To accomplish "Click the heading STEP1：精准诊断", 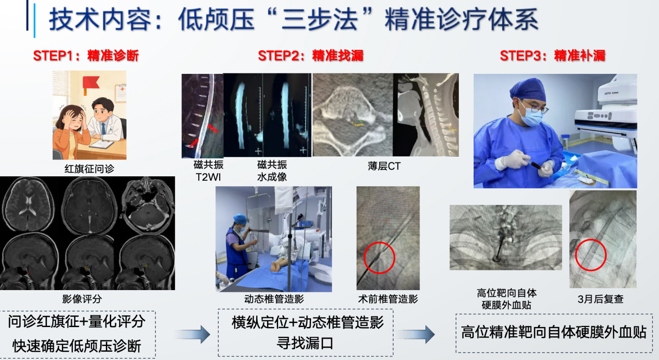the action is (x=86, y=56).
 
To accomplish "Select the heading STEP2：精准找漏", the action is (x=311, y=56).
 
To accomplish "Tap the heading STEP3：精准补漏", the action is (x=553, y=56).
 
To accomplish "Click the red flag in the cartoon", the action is (x=91, y=83).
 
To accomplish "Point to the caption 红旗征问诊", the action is (x=89, y=169).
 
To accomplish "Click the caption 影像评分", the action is (x=82, y=299).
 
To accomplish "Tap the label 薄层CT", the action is (x=384, y=166).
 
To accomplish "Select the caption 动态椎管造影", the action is (x=274, y=299).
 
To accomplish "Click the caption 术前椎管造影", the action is (x=388, y=299).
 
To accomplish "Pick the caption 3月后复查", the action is (x=601, y=299).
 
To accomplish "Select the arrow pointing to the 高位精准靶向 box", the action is (x=416, y=335).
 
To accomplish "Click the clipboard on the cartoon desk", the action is (x=101, y=144).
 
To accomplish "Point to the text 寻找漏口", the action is (x=305, y=343).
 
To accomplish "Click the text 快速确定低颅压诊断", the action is (x=77, y=346).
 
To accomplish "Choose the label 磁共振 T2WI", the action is (x=208, y=171).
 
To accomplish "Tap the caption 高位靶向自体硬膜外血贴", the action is (x=507, y=299).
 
